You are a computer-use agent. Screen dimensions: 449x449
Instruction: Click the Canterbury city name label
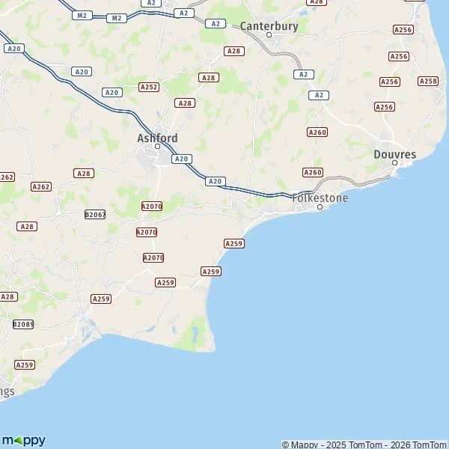269,26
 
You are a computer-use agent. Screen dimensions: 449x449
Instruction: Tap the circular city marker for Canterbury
270,35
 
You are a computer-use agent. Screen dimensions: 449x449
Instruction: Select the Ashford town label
158,138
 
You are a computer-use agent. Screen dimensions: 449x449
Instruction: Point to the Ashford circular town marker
158,147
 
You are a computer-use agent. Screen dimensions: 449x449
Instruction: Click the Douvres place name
394,154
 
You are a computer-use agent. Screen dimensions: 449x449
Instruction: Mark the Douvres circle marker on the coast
395,163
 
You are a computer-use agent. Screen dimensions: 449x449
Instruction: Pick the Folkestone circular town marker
320,207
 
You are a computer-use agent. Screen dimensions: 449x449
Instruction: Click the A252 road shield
149,88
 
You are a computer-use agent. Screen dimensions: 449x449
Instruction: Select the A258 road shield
428,81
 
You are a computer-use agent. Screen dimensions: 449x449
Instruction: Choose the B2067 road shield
95,214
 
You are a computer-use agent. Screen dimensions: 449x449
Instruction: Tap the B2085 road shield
23,324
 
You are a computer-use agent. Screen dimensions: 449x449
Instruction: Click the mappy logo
23,440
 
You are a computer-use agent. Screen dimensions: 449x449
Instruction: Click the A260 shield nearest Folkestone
313,173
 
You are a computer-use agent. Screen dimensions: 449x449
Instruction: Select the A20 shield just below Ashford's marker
181,159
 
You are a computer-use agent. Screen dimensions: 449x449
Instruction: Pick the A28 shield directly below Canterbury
234,51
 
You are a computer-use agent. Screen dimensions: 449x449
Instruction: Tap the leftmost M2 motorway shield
82,15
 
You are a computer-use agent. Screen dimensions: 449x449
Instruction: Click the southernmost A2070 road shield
153,257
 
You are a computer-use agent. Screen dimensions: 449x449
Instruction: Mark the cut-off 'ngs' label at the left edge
7,391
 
